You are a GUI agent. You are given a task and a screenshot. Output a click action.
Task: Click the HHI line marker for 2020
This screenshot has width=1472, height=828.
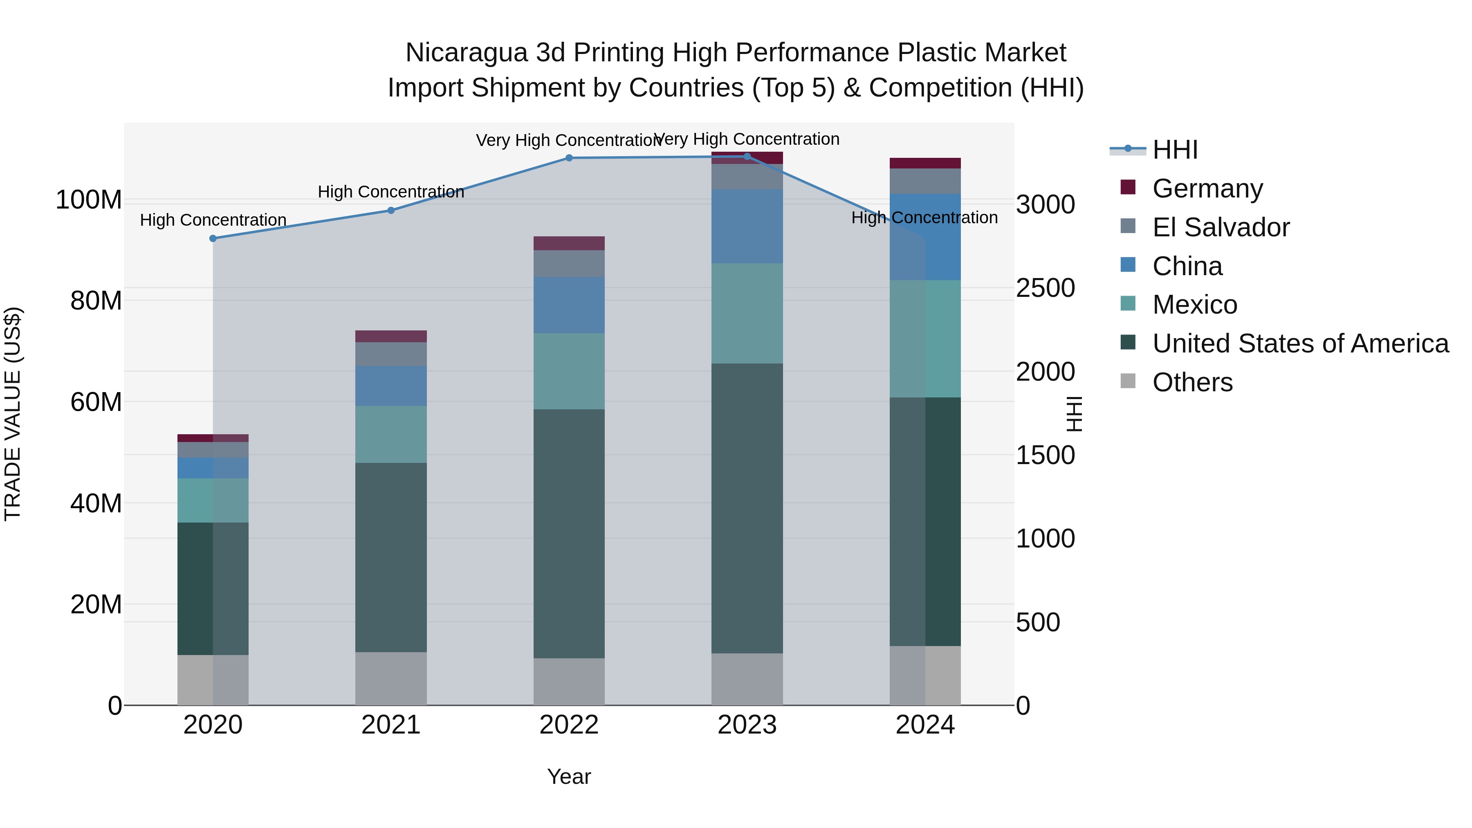[x=213, y=238]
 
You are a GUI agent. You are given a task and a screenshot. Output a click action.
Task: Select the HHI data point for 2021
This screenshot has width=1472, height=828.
[x=391, y=210]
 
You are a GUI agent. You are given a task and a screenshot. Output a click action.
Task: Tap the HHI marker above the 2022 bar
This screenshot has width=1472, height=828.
[x=569, y=158]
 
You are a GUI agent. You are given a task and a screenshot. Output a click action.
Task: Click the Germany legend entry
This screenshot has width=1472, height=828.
[x=1207, y=188]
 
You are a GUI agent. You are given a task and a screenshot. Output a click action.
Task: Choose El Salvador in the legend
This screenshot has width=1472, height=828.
[x=1221, y=227]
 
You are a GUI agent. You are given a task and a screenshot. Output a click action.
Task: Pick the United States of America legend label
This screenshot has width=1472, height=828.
[x=1300, y=343]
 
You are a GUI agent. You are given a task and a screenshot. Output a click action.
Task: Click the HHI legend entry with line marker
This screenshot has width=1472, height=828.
[x=1174, y=150]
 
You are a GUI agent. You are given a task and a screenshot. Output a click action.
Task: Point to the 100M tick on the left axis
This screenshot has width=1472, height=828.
[x=89, y=200]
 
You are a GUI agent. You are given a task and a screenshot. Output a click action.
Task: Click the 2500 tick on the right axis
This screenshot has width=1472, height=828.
[x=1045, y=288]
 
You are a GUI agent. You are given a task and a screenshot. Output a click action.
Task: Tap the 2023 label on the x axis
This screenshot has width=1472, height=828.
[x=747, y=725]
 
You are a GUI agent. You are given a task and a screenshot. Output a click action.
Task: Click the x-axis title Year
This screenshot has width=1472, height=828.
[x=569, y=776]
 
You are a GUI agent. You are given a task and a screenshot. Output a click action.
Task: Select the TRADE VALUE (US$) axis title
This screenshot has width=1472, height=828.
[x=13, y=414]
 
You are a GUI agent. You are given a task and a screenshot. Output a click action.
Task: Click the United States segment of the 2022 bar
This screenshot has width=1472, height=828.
[x=569, y=533]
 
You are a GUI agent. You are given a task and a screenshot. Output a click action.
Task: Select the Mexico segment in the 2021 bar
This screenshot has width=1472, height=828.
[x=391, y=434]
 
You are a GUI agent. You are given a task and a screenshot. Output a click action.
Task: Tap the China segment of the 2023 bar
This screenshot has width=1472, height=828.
[x=747, y=226]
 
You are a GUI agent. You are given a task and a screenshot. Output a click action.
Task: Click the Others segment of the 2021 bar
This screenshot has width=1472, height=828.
[x=391, y=678]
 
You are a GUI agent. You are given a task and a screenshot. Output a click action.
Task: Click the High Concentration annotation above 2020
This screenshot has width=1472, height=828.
[x=213, y=220]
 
